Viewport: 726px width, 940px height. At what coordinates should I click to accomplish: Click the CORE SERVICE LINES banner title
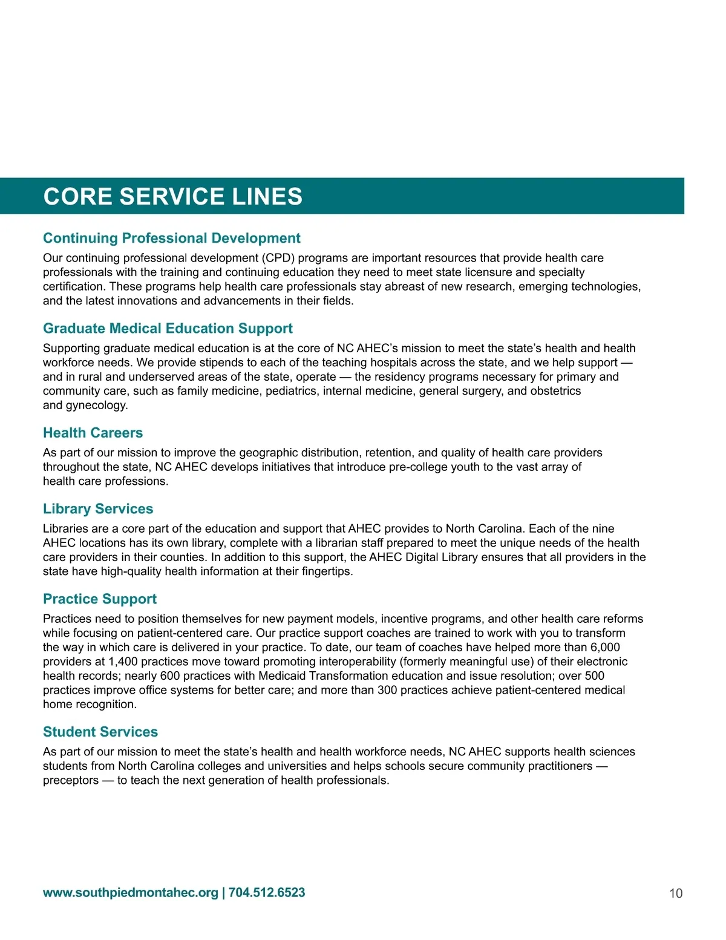coord(173,197)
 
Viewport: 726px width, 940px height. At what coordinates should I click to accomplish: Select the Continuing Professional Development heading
coord(171,238)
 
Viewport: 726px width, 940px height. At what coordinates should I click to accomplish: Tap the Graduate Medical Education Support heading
coord(168,328)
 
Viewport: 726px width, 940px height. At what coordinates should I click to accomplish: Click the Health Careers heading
coord(93,433)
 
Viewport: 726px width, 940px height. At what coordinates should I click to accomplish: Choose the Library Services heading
coord(98,508)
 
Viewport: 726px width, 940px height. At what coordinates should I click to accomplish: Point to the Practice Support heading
coord(100,599)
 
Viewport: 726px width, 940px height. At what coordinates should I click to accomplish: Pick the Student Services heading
coord(100,732)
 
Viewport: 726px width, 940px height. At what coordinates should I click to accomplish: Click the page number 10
coord(676,893)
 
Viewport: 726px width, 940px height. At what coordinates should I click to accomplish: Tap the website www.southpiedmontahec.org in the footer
coord(130,893)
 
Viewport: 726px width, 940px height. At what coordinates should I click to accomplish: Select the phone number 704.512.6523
coord(267,893)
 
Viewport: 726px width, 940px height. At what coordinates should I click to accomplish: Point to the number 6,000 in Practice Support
coord(603,647)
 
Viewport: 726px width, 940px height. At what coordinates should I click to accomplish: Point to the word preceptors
coord(70,780)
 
